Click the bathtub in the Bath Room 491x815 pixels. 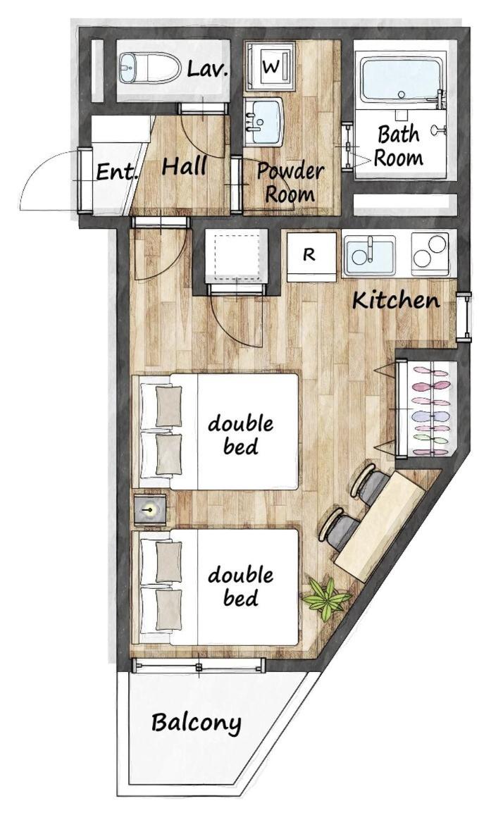[402, 80]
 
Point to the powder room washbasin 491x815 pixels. [263, 122]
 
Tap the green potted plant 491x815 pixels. [325, 598]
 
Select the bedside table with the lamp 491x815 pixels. [150, 509]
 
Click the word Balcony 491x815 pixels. [197, 723]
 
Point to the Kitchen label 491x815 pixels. [396, 300]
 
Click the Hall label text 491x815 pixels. [184, 166]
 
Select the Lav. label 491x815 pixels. [208, 68]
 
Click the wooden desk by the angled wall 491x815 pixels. [379, 525]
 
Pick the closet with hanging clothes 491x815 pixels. [427, 409]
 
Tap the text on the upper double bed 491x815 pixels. [240, 435]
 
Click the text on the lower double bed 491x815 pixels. [240, 586]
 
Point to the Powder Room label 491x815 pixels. [290, 182]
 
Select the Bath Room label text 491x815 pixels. [399, 146]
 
